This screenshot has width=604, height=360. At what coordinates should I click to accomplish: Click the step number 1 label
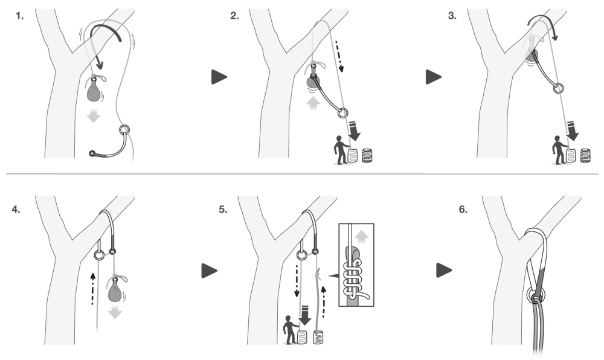coord(20,16)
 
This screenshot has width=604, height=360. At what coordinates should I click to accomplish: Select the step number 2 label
coord(234,16)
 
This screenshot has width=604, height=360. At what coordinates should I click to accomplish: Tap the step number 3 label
coord(452,16)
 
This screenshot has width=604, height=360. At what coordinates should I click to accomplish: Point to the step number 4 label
coord(16,210)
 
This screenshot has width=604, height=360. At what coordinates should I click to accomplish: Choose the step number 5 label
coord(223,210)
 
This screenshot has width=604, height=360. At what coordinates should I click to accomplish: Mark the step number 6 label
coord(463,210)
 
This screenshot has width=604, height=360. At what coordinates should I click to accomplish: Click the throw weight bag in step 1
coord(94,91)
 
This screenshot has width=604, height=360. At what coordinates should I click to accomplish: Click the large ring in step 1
coord(124,129)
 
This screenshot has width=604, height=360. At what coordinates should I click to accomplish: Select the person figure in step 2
coord(340,150)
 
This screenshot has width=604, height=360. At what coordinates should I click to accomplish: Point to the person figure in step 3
coord(557,150)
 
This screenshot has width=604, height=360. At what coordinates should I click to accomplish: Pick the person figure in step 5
coord(290,330)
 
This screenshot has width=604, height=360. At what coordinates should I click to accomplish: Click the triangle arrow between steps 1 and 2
coord(219,77)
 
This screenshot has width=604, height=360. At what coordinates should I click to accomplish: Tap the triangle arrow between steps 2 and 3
coord(433,77)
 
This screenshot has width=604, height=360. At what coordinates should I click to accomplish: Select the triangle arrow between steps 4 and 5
coord(209,271)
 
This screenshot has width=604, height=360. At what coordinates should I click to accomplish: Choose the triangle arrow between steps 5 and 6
coord(444,270)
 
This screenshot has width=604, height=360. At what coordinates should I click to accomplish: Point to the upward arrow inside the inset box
coord(361,237)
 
